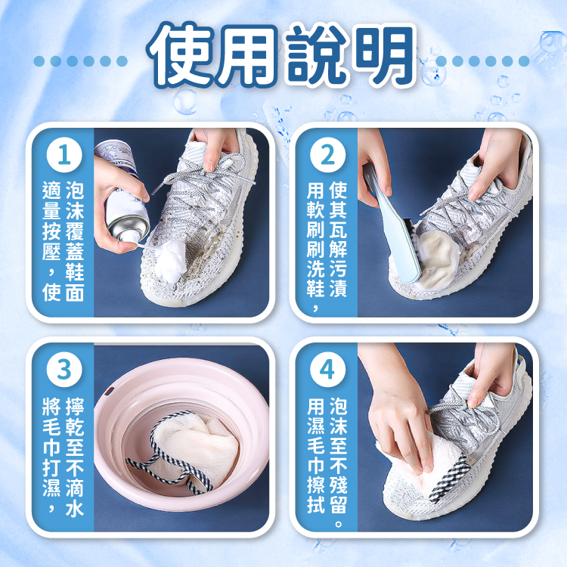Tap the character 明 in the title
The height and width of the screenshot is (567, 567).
(384, 55)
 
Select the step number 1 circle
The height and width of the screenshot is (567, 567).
(64, 155)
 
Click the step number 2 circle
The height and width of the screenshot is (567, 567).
(327, 155)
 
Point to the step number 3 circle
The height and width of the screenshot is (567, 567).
(64, 370)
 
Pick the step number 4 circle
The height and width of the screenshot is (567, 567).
(327, 370)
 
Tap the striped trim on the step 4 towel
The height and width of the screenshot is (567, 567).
(451, 476)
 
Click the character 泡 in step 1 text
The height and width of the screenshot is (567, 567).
(75, 191)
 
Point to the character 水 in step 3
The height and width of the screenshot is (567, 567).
(75, 508)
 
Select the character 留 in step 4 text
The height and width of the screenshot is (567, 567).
(339, 505)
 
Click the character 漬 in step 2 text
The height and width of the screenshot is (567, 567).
(339, 288)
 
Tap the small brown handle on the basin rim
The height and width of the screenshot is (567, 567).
(109, 391)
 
